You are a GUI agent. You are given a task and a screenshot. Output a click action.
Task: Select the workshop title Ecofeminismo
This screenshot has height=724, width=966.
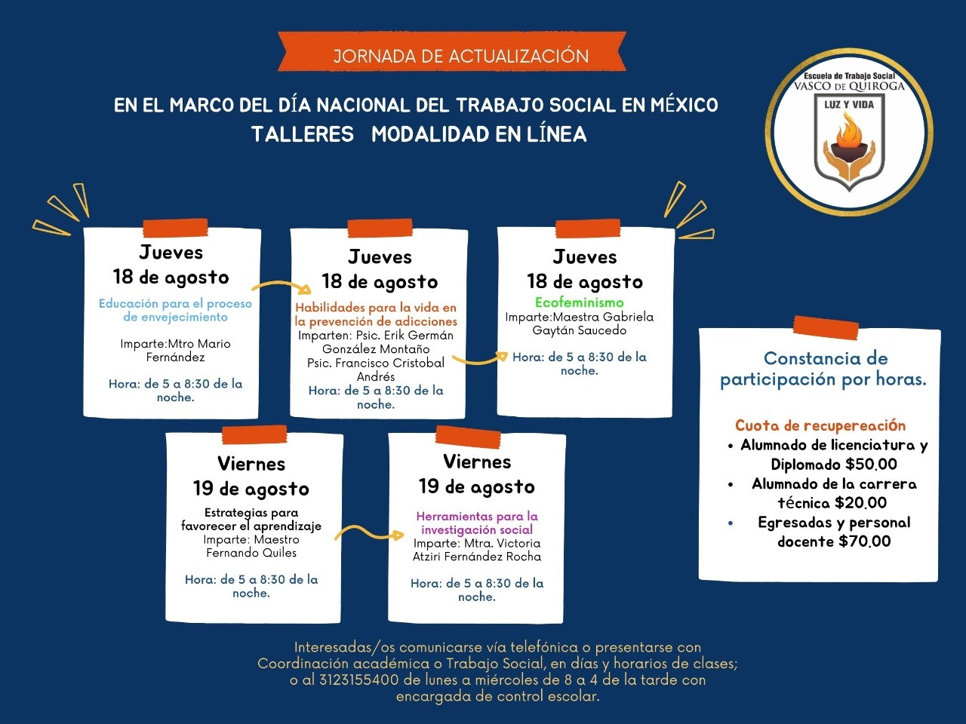579,303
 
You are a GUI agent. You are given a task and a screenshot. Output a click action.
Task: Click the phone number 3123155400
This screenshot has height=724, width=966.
358,680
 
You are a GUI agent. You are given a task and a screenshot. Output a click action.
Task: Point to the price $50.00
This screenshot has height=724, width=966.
871,465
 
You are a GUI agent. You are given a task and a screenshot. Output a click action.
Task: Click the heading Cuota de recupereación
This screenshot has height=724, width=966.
820,425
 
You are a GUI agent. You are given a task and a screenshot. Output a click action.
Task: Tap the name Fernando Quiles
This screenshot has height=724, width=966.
251,553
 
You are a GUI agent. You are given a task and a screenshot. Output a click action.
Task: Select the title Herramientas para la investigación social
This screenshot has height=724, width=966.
477,523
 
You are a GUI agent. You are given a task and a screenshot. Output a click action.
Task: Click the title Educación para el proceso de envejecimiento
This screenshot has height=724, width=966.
175,310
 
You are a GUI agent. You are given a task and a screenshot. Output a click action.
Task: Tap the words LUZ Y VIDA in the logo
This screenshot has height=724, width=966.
848,105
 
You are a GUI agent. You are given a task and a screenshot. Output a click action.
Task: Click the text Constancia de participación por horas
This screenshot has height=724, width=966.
823,369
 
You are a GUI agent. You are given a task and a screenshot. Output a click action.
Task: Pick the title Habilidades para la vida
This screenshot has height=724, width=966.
376,314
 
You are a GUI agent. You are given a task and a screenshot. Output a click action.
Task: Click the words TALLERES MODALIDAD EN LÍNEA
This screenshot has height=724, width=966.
419,134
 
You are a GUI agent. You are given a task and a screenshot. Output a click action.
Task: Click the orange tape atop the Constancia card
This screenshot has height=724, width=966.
826,328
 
